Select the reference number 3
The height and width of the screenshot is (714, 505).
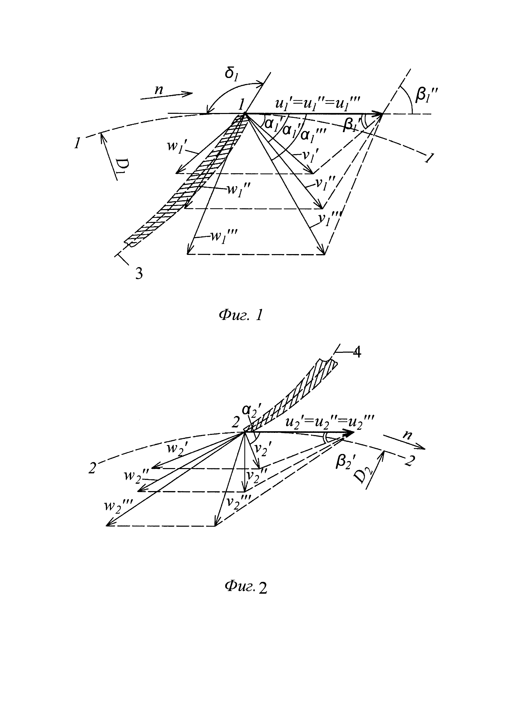tap(139, 274)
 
